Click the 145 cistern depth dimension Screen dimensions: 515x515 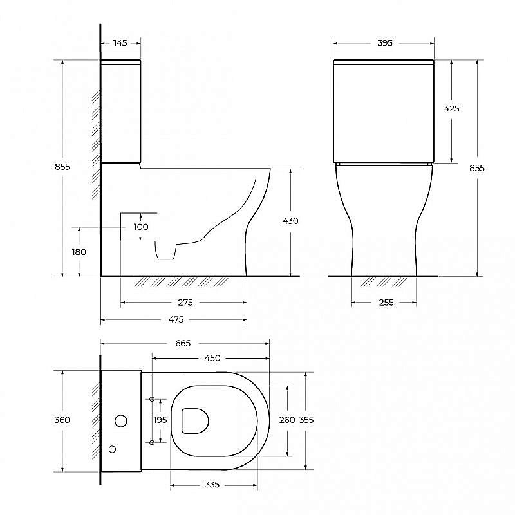tap(120, 43)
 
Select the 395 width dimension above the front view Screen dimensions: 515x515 tap(384, 43)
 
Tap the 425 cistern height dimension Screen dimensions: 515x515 tap(452, 109)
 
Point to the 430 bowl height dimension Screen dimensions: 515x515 tap(290, 221)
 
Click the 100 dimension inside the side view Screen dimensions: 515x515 tap(141, 227)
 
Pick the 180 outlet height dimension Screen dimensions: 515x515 tap(79, 252)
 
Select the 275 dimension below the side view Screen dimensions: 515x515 tap(185, 302)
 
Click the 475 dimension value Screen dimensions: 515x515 tap(176, 319)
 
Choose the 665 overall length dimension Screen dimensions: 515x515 tap(183, 343)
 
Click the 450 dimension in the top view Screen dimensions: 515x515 tap(212, 358)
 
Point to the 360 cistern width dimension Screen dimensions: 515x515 tap(62, 420)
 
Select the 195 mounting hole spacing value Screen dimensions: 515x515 tap(160, 420)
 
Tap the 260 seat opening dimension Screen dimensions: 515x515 tap(287, 420)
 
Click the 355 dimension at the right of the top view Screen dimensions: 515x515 tap(306, 420)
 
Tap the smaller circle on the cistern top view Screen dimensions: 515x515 tap(113, 449)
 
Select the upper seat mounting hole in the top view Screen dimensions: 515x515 tap(152, 400)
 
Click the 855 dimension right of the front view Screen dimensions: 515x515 tap(477, 168)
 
